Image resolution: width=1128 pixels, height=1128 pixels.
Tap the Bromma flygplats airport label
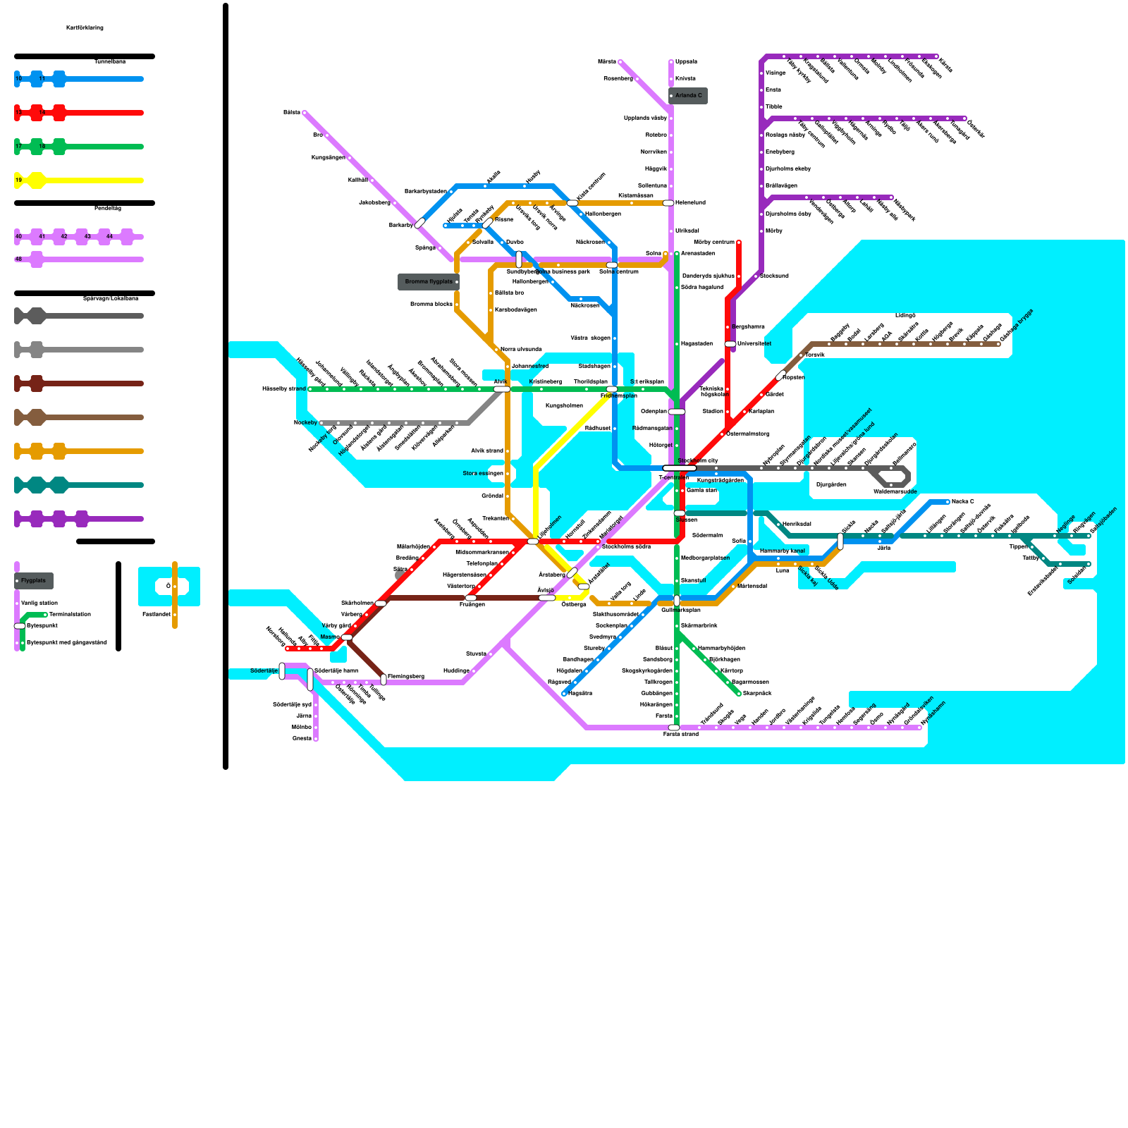[x=429, y=282]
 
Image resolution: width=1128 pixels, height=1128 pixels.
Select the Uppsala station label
[x=685, y=62]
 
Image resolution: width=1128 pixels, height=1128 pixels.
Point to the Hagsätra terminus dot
[x=564, y=694]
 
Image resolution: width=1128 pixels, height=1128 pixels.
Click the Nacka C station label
[x=962, y=502]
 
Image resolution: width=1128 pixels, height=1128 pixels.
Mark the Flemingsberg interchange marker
[x=384, y=680]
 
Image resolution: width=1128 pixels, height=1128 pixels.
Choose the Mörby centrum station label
[x=714, y=243]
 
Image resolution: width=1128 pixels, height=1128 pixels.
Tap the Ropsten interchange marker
[x=780, y=376]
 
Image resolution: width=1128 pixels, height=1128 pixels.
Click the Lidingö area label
[x=905, y=315]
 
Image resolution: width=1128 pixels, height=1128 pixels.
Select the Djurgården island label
[x=830, y=485]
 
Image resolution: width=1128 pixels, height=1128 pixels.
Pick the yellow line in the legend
[x=85, y=180]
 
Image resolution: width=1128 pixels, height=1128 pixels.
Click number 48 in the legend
[x=18, y=259]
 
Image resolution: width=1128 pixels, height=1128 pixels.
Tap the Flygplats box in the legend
[x=34, y=581]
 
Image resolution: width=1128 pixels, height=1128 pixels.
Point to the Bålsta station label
[x=291, y=113]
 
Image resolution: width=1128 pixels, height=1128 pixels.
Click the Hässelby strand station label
[x=283, y=389]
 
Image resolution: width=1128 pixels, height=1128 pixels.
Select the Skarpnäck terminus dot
[x=739, y=694]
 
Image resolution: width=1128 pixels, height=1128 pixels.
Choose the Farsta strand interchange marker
[x=674, y=728]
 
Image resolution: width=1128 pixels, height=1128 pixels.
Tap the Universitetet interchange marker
[x=730, y=344]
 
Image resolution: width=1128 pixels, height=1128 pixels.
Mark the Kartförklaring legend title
[x=85, y=28]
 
